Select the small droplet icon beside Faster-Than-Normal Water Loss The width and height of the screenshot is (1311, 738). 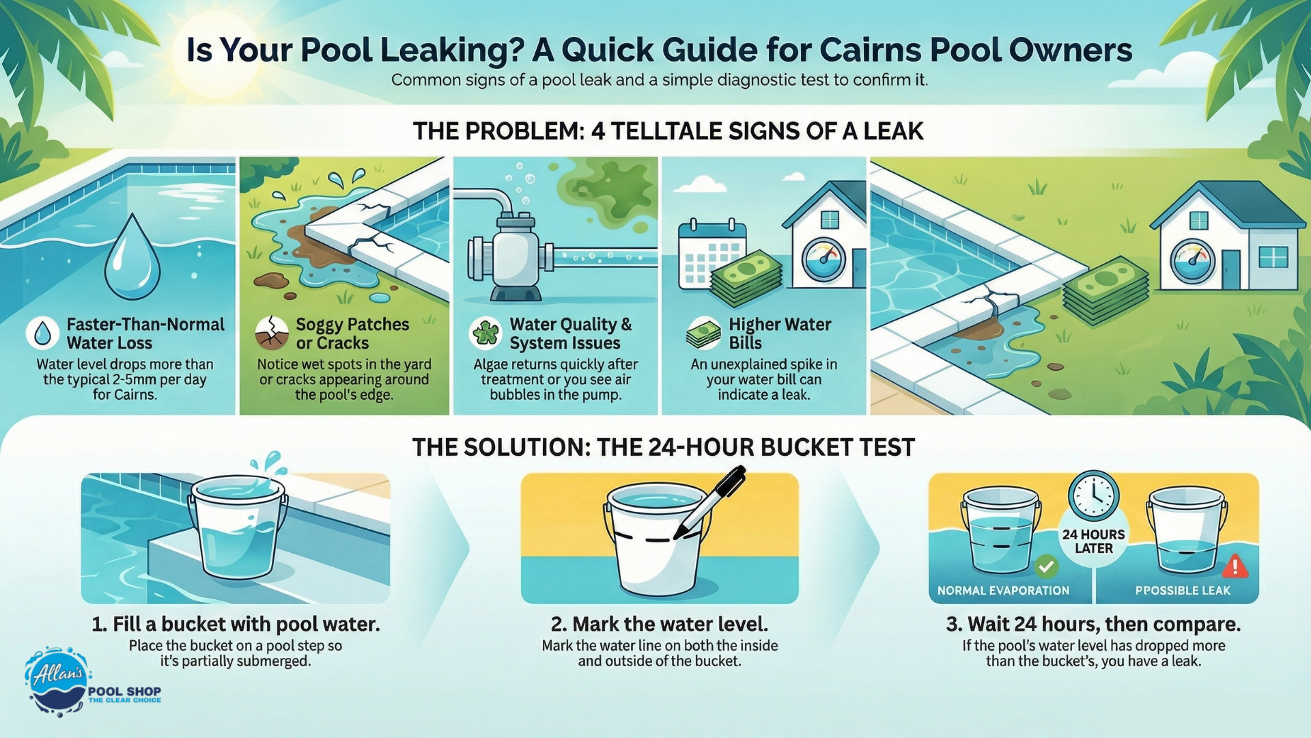pos(42,333)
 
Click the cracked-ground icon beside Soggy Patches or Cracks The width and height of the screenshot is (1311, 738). pos(271,333)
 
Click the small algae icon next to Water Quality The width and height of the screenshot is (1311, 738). pos(486,333)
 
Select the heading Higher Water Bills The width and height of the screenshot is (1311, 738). pos(780,333)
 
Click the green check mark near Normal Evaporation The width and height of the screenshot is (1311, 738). pos(1046,566)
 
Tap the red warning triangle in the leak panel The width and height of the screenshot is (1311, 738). pos(1235,566)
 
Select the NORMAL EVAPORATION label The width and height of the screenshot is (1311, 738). pos(1003,590)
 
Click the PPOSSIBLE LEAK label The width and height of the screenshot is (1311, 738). pos(1183,590)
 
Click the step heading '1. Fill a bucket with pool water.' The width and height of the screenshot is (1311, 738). pos(236,624)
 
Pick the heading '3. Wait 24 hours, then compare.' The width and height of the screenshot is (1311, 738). pos(1093,624)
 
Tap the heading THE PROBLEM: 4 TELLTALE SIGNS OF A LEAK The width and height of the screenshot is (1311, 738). pos(668,131)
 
